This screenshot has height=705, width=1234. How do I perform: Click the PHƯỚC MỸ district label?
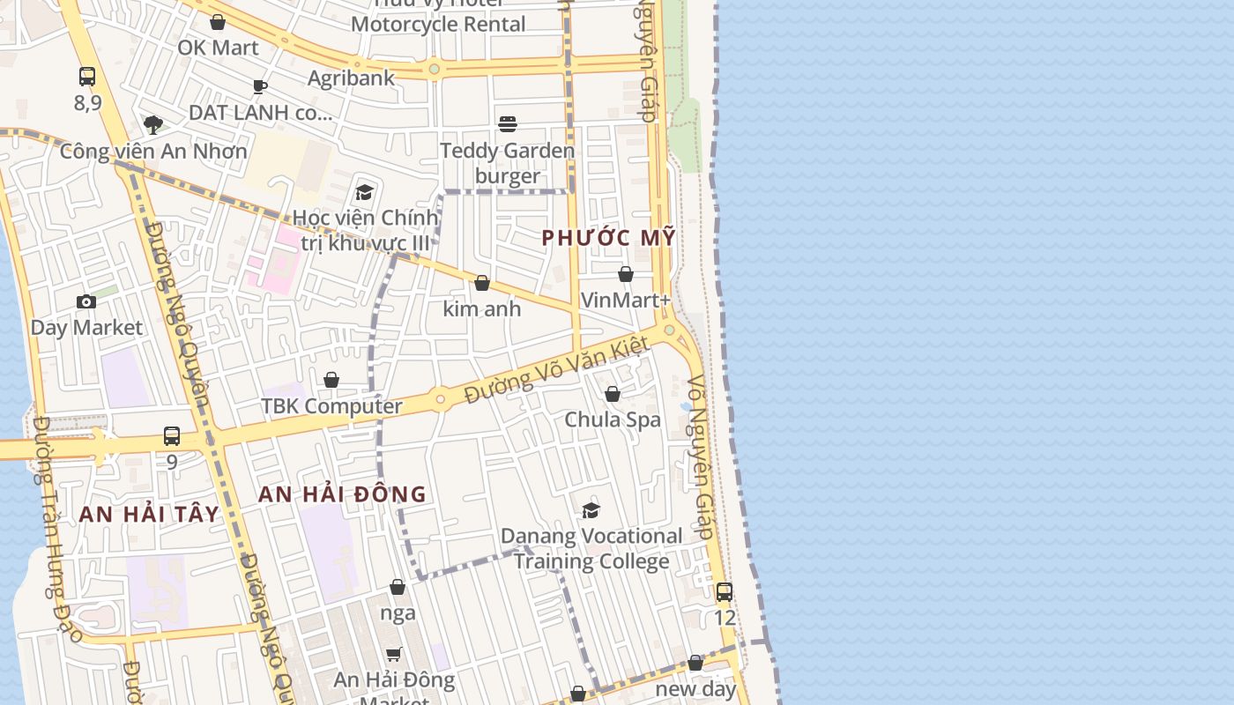608,237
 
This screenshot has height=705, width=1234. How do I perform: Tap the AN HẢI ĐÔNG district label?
342,494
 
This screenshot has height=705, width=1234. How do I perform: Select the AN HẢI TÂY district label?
149,514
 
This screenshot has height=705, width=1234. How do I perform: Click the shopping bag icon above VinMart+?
626,274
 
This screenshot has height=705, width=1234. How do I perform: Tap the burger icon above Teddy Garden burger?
508,124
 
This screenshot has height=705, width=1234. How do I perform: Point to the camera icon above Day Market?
86,302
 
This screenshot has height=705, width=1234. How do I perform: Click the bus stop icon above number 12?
725,592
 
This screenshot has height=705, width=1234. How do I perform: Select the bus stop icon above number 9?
172,436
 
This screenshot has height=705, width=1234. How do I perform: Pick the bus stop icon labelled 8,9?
87,77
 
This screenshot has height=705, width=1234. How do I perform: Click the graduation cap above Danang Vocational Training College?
591,510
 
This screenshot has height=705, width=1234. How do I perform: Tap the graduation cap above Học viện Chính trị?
364,192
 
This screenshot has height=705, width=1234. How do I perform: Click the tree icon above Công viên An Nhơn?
153,124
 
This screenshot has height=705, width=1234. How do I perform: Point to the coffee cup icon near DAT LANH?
259,86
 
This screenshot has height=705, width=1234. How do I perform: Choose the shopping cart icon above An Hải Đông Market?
394,654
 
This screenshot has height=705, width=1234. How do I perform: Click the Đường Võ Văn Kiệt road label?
557,370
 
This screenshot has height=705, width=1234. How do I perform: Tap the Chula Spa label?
613,419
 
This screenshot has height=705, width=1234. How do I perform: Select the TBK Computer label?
331,406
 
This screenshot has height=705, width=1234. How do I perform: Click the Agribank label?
351,78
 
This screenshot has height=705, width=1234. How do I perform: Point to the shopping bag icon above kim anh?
482,283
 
